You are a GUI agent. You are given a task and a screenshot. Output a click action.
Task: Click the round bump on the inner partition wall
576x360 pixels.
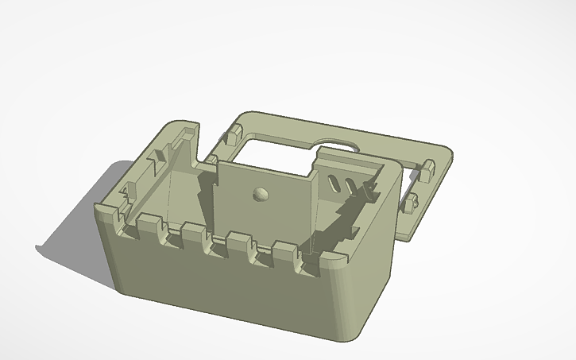260,193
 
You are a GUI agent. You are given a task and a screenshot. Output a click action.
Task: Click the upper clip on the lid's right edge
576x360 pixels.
427,168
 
